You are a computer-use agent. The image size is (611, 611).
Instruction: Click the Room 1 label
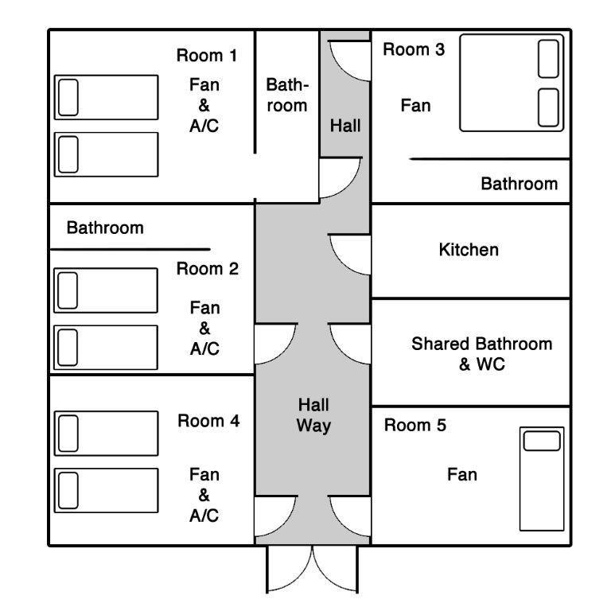click(x=207, y=56)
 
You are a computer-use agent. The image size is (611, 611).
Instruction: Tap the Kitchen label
click(x=469, y=250)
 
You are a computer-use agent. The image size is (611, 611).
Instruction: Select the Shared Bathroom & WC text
click(x=482, y=354)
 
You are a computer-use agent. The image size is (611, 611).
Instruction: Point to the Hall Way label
click(x=313, y=415)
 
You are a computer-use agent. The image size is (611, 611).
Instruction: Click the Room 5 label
click(x=415, y=425)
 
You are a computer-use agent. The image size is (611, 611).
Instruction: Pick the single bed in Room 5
click(x=542, y=479)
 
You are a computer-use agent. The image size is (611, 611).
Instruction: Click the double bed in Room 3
click(x=512, y=83)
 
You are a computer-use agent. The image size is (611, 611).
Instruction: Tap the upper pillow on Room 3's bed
click(x=549, y=59)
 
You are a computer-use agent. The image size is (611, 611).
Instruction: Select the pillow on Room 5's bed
click(x=542, y=441)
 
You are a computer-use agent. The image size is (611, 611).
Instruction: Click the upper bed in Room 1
click(x=107, y=97)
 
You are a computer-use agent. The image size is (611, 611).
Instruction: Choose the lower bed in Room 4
click(x=107, y=491)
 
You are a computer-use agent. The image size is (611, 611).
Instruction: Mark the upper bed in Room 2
click(x=106, y=290)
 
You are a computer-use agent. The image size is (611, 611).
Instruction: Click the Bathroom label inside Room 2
click(x=105, y=228)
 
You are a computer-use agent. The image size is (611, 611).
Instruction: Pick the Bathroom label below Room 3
click(x=520, y=184)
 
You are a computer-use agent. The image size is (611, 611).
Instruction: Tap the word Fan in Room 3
click(x=416, y=106)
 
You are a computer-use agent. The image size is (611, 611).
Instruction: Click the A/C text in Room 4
click(x=204, y=516)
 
